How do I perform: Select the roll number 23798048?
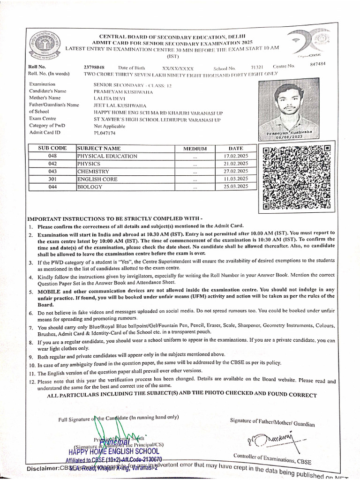[94, 67]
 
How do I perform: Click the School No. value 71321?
[257, 67]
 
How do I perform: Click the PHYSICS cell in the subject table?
[89, 164]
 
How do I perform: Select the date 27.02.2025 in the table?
[236, 171]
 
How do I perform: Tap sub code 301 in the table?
[52, 179]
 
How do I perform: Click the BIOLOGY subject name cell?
[90, 187]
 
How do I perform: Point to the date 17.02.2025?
[236, 156]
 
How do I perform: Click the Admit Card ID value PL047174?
[105, 133]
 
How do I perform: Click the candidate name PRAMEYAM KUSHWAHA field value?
[119, 91]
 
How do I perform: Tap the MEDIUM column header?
[195, 149]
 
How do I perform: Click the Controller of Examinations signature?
[268, 441]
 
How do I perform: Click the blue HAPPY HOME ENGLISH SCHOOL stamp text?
[113, 452]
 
